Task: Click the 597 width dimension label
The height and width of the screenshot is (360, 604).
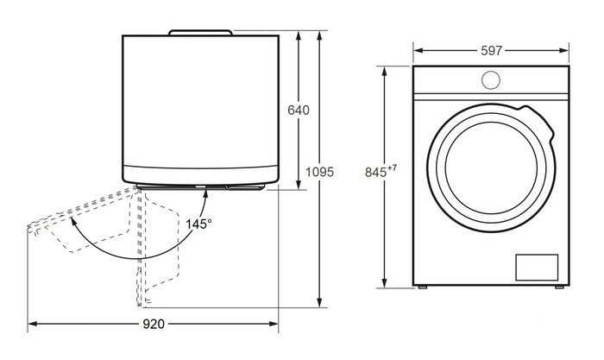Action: (491, 50)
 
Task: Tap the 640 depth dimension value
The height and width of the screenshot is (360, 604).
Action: (299, 111)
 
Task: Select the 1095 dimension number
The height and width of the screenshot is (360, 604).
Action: (320, 172)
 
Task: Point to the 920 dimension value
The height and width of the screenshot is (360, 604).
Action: (154, 324)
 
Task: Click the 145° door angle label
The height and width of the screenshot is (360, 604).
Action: (198, 224)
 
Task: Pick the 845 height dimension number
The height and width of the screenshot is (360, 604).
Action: (375, 173)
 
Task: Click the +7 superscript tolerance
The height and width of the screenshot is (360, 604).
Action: (392, 168)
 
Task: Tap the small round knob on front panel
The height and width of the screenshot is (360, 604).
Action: (491, 80)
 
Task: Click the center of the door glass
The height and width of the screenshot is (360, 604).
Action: (491, 168)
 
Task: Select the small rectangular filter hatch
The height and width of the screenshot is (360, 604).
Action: (537, 267)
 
